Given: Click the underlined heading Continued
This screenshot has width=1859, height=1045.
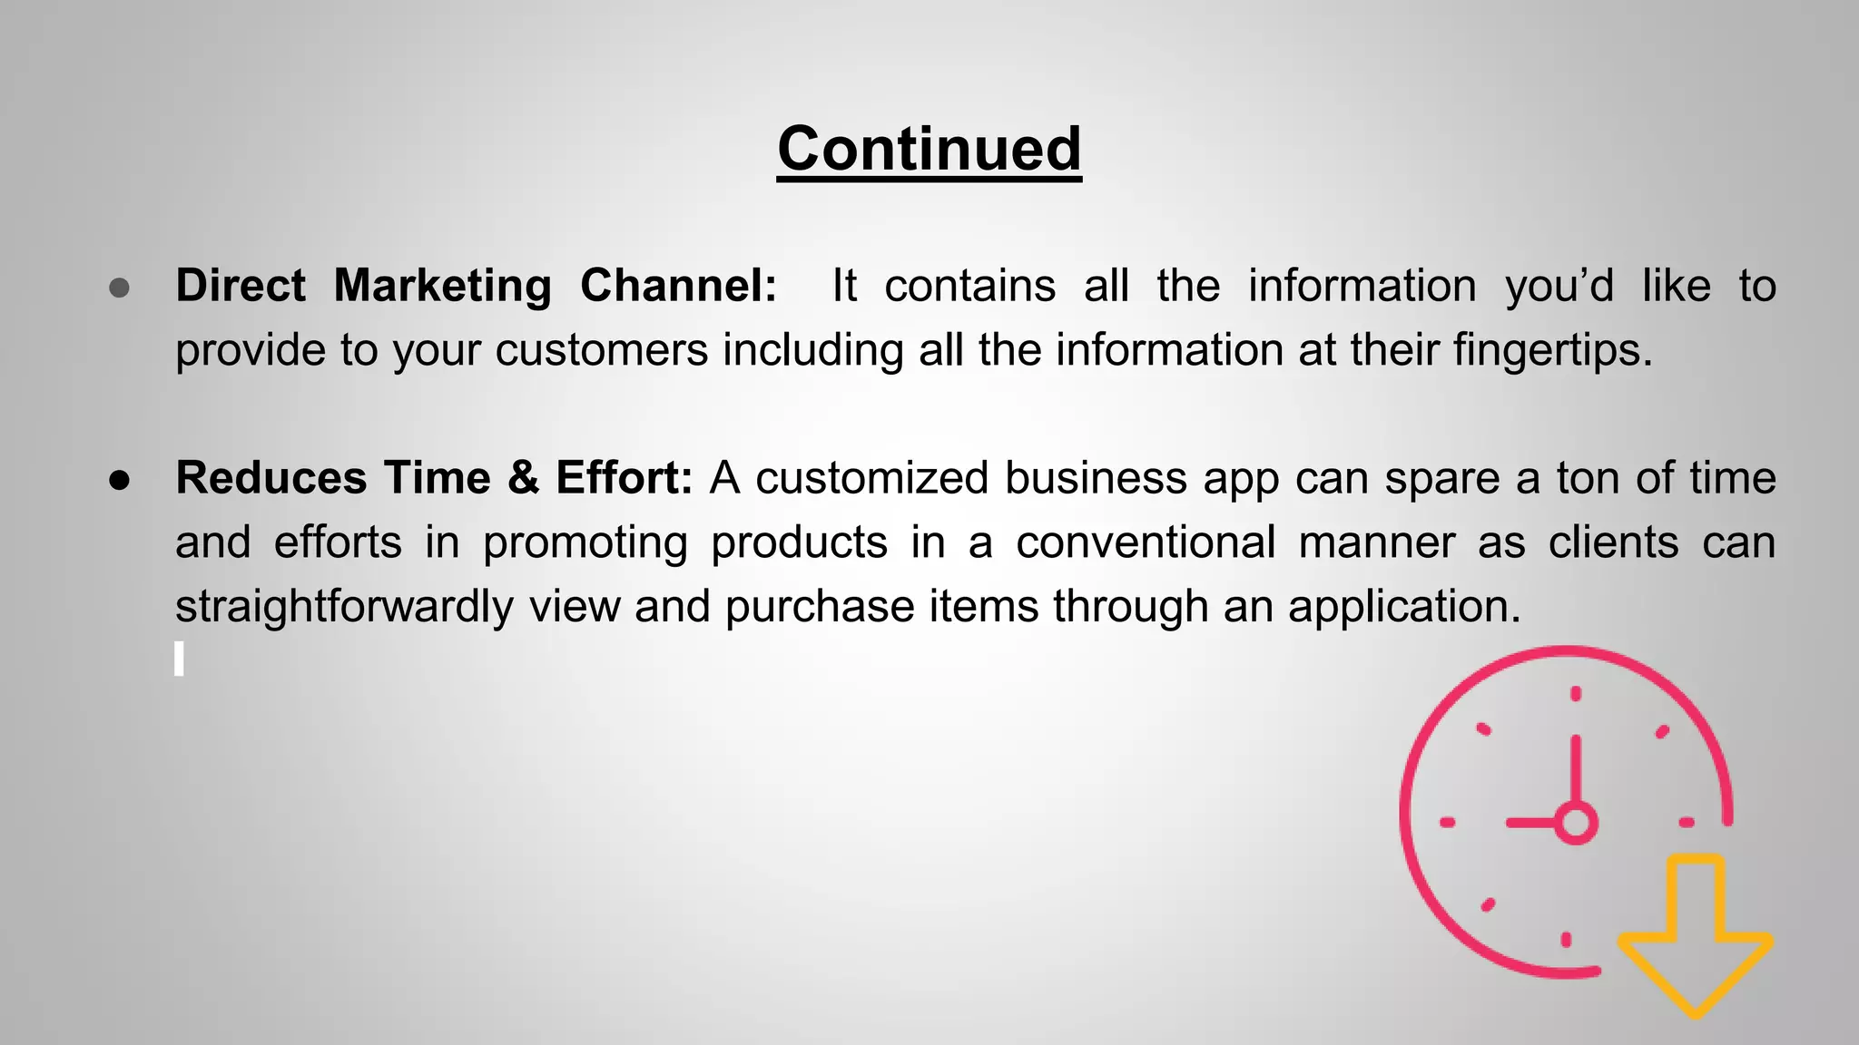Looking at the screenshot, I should pyautogui.click(x=929, y=149).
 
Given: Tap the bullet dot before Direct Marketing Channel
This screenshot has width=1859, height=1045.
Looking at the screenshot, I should pyautogui.click(x=119, y=288).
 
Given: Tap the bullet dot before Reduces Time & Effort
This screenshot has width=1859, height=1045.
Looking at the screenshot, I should pyautogui.click(x=119, y=480).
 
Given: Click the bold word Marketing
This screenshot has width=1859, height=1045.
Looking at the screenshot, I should pyautogui.click(x=442, y=287).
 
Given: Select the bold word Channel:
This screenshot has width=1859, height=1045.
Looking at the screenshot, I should pyautogui.click(x=678, y=287).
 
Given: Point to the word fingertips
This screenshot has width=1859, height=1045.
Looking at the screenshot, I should pyautogui.click(x=1552, y=351).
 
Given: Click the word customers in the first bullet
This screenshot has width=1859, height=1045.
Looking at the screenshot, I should pyautogui.click(x=601, y=351).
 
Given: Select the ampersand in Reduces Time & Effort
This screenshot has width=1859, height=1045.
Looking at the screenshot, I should pyautogui.click(x=523, y=478).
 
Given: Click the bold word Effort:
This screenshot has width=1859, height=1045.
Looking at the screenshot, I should pyautogui.click(x=624, y=478).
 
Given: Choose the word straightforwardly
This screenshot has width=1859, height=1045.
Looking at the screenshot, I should pyautogui.click(x=344, y=607).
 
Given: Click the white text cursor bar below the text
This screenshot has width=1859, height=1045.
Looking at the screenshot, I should pyautogui.click(x=179, y=659).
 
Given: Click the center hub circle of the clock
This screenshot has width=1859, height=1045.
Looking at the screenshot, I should pyautogui.click(x=1576, y=823).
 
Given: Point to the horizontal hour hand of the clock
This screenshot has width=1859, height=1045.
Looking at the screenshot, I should pyautogui.click(x=1532, y=823).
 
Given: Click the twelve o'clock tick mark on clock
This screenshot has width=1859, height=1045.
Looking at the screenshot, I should pyautogui.click(x=1576, y=694).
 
